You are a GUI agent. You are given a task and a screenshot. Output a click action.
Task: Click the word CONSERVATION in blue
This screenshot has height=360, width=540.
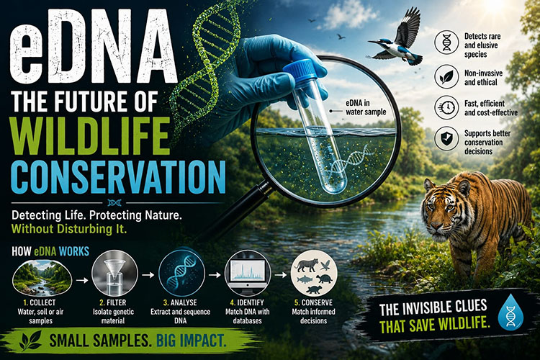coord(118,176)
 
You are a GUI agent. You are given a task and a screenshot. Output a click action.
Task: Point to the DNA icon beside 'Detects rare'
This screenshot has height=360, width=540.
coord(446,42)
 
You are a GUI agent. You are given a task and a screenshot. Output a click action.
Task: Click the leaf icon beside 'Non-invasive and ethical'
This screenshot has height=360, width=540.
coord(446,76)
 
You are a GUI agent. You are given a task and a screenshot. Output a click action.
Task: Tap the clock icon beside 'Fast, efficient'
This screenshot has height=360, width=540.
coord(446,107)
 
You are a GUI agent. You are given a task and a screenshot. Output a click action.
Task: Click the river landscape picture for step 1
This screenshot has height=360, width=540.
coord(42,278)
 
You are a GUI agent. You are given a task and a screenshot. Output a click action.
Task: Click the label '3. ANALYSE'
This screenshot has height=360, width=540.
coord(180,303)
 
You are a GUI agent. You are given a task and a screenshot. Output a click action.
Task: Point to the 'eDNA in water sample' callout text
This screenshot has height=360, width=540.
coord(366,107)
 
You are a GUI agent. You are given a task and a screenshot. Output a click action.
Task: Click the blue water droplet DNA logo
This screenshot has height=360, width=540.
coord(510,312)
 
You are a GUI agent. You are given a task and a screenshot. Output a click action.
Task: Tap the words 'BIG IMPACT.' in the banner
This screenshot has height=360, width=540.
coord(192,341)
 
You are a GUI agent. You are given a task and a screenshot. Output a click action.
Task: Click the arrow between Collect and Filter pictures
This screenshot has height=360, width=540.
coord(82,280)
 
